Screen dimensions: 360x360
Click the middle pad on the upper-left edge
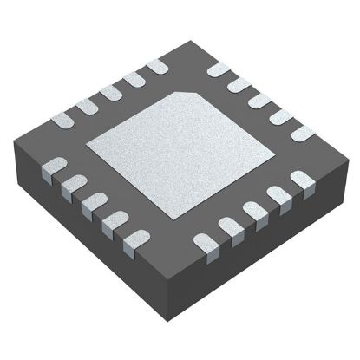point(110,92)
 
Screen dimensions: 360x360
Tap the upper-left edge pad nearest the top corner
point(157,66)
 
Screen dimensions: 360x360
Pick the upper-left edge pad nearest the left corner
point(62,119)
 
